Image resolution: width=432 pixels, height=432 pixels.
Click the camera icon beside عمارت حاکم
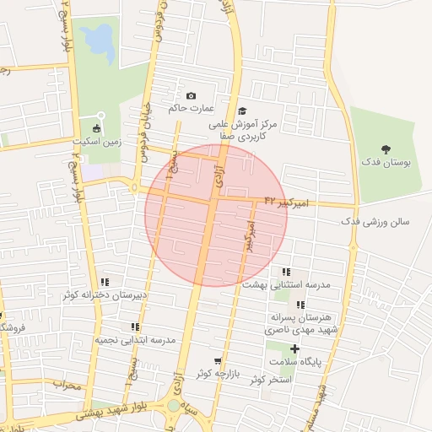coord(191,96)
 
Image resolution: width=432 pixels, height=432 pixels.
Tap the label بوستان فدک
coord(386,162)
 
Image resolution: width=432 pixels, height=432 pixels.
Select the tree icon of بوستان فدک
coord(386,148)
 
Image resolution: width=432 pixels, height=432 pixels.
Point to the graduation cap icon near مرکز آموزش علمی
coord(242,111)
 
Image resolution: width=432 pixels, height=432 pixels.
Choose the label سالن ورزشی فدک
coord(375,222)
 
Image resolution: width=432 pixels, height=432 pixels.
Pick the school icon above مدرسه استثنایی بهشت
coord(286,272)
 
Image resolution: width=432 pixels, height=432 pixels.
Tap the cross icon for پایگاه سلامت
coord(294,348)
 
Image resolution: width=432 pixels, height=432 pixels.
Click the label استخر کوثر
coord(270,379)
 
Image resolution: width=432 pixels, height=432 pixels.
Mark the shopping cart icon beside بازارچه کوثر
coord(219,359)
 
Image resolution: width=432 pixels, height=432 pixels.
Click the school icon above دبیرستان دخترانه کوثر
coord(105,282)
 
